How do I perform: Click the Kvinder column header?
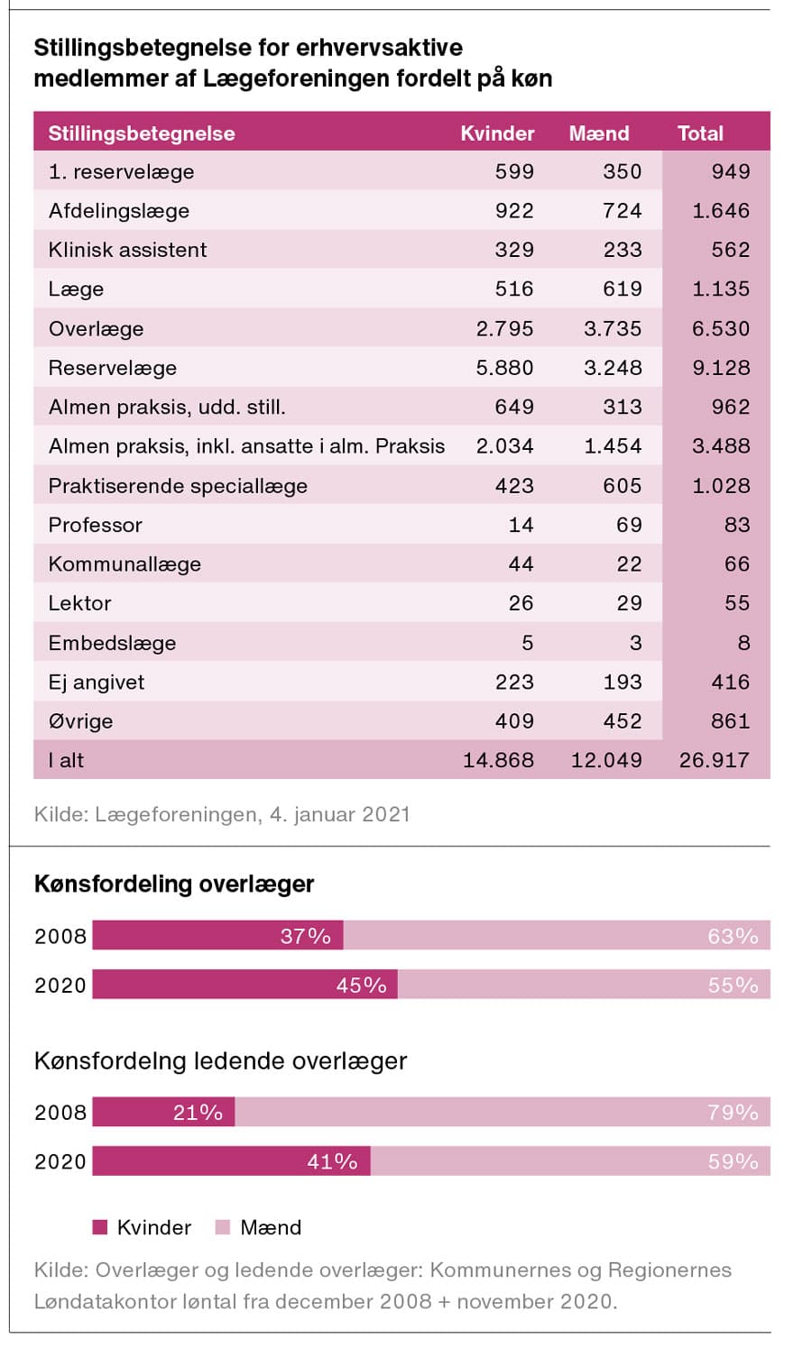click(x=497, y=133)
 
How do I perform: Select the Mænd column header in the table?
click(x=599, y=133)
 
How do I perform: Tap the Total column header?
click(x=700, y=133)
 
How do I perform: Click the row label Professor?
click(x=96, y=525)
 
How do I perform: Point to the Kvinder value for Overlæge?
click(x=504, y=328)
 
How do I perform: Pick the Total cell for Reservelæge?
click(x=720, y=368)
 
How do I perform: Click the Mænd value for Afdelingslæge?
click(x=623, y=211)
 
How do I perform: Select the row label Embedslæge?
click(x=112, y=643)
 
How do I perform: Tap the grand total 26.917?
click(x=714, y=760)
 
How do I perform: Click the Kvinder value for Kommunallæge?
click(x=521, y=564)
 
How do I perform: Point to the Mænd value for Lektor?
click(x=629, y=603)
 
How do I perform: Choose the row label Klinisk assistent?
click(x=127, y=250)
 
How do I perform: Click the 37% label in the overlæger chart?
click(x=306, y=936)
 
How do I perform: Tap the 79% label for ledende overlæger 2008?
click(x=733, y=1113)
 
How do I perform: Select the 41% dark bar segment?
click(x=231, y=1161)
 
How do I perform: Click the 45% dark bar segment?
click(x=245, y=985)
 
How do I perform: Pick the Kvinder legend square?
click(x=100, y=1227)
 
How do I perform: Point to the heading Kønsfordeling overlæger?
click(x=174, y=884)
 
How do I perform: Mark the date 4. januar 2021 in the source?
click(x=339, y=814)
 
